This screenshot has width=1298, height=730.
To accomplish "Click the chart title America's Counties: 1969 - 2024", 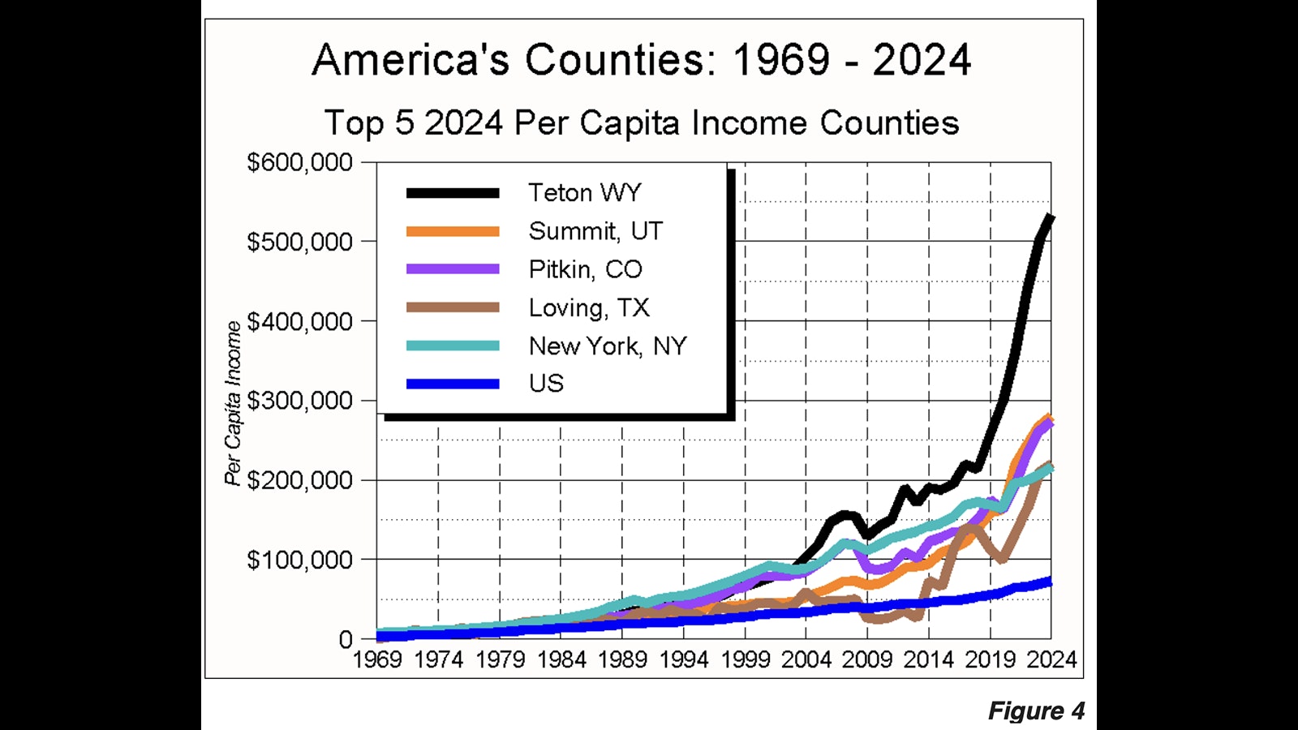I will click(x=641, y=60).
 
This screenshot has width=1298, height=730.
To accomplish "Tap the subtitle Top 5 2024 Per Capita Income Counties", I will click(x=641, y=123).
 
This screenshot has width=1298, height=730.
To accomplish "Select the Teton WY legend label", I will click(x=584, y=193).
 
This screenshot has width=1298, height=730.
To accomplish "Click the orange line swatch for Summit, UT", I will click(x=453, y=231).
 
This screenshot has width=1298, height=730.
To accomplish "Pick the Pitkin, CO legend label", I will click(x=585, y=269).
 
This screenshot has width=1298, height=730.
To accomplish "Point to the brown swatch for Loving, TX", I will click(x=453, y=307).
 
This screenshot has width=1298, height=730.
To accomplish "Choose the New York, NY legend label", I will click(x=608, y=346).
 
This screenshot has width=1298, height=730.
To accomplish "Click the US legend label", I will click(x=546, y=383).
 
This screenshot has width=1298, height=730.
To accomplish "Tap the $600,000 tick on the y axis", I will click(x=299, y=162).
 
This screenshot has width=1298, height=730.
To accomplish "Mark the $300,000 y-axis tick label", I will click(x=299, y=401).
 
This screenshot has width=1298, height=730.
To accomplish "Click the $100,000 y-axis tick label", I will click(x=299, y=560).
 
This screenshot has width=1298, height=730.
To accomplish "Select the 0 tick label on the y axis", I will click(x=346, y=639).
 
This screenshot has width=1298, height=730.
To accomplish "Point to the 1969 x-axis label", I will click(x=377, y=659).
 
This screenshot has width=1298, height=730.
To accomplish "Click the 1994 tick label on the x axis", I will click(x=684, y=659).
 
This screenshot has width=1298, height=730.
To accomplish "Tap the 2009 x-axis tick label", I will click(x=867, y=659).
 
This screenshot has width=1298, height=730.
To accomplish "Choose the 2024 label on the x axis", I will click(x=1051, y=659).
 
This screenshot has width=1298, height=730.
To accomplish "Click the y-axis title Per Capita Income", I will click(x=234, y=403).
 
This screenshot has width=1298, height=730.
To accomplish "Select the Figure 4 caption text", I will click(x=1036, y=711).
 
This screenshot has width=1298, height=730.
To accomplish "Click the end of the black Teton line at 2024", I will click(x=1051, y=217).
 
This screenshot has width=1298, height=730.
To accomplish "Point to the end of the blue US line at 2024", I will click(x=1050, y=582).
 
